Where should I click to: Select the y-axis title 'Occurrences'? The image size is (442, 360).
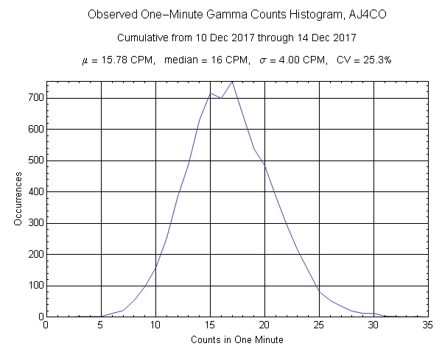(x=18, y=200)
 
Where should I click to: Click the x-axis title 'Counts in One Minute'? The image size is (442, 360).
(x=237, y=339)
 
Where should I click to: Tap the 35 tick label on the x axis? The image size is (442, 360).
(x=428, y=325)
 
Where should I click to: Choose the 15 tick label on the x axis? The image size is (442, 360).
(x=210, y=325)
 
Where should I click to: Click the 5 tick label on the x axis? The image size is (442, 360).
(x=101, y=325)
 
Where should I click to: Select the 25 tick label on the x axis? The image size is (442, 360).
(x=319, y=325)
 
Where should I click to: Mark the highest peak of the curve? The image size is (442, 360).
(x=232, y=82)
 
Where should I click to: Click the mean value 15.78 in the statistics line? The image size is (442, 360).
(x=113, y=60)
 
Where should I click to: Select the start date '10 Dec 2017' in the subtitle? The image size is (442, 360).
(x=211, y=37)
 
